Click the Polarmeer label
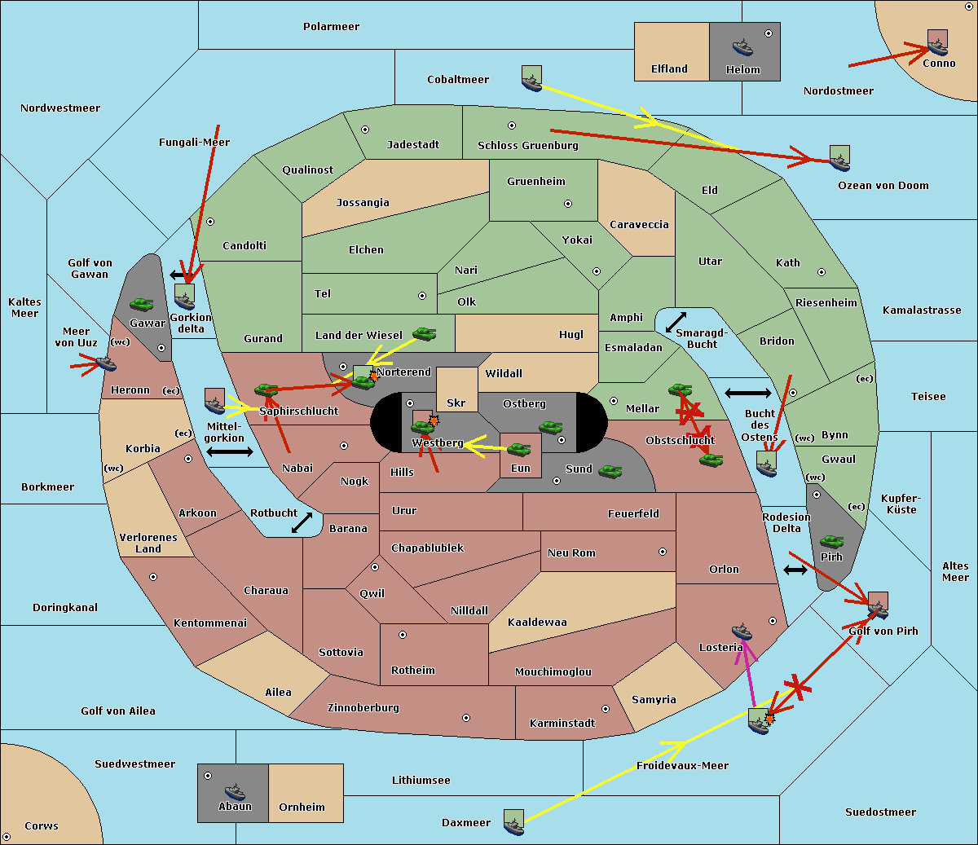(331, 27)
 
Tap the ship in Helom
(742, 48)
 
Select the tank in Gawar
(142, 305)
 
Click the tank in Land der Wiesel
(425, 334)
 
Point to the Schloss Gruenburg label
(528, 145)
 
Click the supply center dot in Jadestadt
(365, 130)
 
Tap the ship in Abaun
(235, 791)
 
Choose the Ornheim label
(302, 807)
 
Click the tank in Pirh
(831, 541)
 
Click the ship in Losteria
(742, 632)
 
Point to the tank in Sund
(610, 471)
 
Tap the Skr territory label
(456, 403)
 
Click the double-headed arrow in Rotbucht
(302, 523)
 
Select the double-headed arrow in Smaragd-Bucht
(676, 322)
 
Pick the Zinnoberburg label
(363, 708)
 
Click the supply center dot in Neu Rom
(663, 552)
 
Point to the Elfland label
(669, 69)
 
